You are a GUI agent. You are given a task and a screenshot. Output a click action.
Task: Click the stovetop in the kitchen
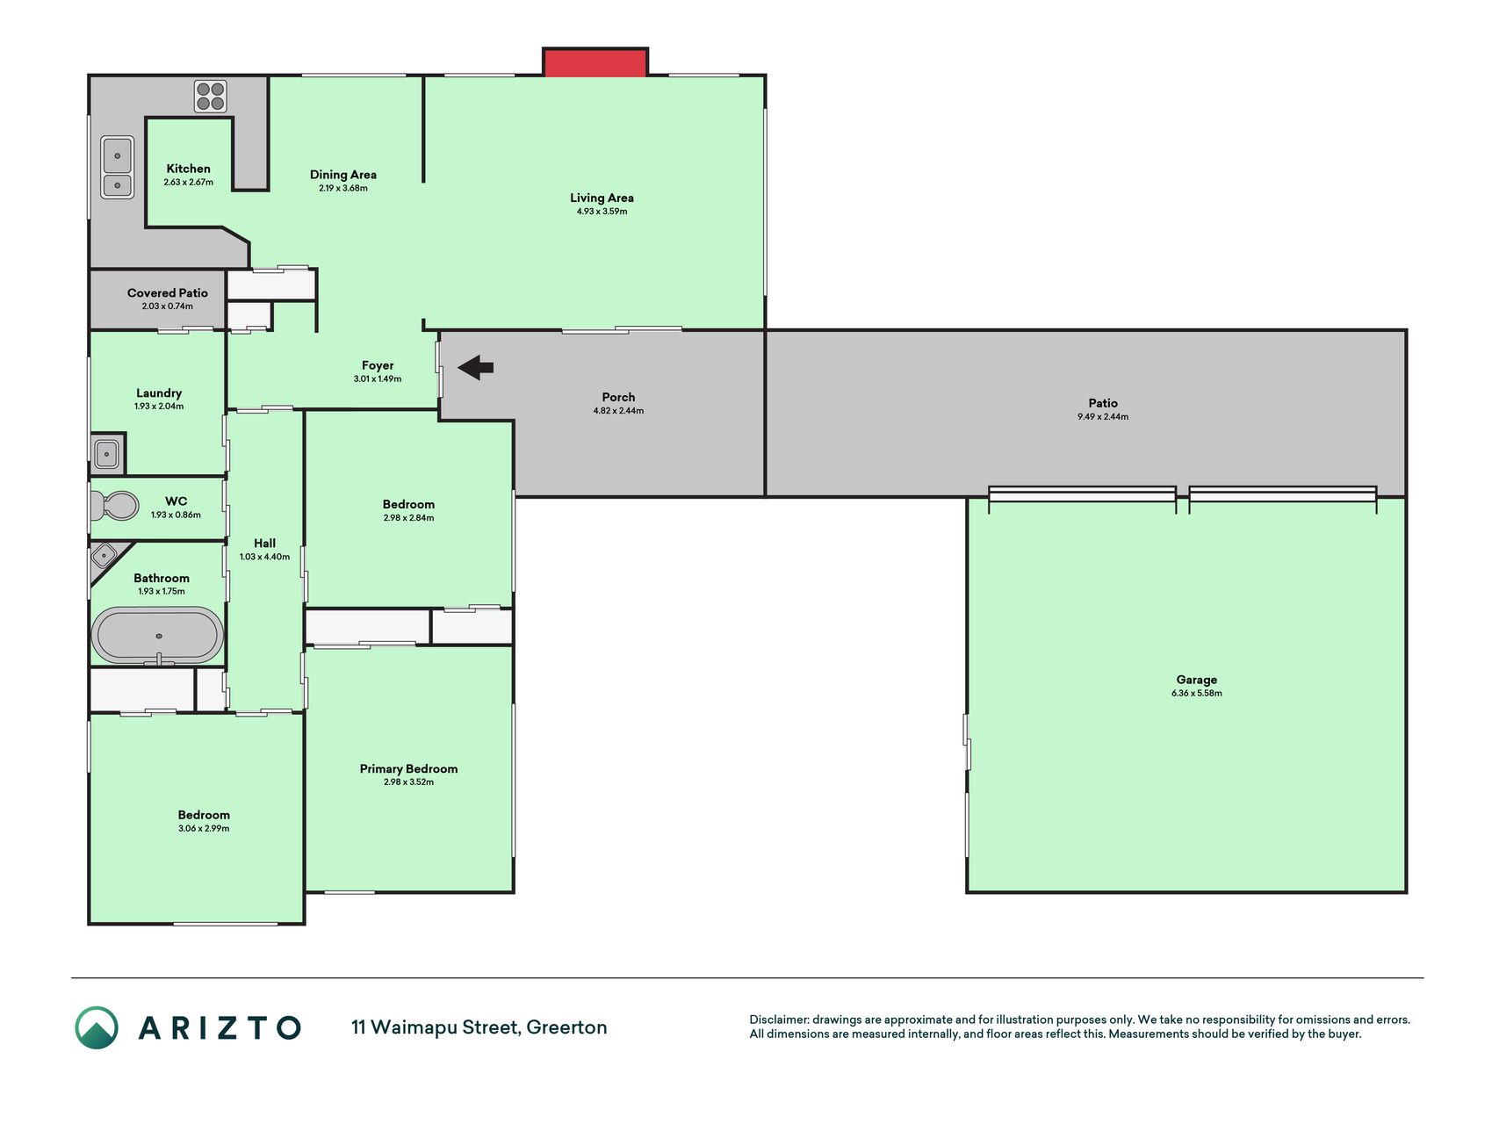(211, 97)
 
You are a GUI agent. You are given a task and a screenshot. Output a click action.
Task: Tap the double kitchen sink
(118, 167)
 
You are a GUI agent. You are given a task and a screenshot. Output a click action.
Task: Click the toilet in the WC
(114, 506)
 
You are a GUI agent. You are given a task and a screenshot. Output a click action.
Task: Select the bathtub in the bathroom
(158, 635)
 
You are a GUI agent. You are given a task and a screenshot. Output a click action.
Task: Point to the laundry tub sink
(107, 454)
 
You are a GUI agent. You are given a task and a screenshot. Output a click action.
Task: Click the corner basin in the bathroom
(104, 556)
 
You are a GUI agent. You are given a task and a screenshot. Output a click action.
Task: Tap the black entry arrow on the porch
(476, 367)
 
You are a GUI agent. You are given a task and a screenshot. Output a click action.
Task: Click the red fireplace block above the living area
(595, 62)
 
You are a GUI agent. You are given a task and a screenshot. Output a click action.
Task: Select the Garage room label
(1197, 680)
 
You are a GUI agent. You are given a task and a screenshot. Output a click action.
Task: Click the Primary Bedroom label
(408, 768)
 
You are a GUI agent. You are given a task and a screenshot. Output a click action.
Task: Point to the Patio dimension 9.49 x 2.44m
(1103, 417)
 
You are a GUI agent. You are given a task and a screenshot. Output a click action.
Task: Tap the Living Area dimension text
(602, 212)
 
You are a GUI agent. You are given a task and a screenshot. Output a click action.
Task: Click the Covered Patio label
(168, 292)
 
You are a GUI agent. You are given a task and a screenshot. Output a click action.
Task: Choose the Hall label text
(264, 544)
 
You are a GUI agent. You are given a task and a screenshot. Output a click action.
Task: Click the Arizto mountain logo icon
(97, 1027)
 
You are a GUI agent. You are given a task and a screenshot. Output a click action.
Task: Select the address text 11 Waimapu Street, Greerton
(479, 1027)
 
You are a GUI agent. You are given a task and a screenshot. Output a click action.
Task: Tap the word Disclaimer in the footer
(779, 1020)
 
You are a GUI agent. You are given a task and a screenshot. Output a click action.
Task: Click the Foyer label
(378, 365)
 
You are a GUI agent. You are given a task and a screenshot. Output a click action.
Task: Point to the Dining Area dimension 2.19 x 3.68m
(343, 188)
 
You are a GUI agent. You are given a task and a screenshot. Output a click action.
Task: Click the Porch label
(618, 397)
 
